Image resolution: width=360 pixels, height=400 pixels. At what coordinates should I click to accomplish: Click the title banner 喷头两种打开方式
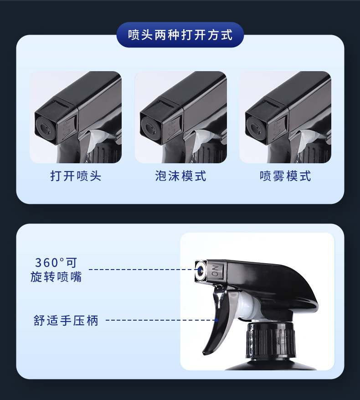[180, 35]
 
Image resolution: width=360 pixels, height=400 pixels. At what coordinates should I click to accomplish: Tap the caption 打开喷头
[76, 176]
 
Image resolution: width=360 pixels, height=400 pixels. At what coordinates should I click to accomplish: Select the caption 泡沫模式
[180, 176]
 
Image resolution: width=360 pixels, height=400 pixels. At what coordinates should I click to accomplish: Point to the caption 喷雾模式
[285, 176]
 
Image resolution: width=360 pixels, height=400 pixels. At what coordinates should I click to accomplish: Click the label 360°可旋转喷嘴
[56, 270]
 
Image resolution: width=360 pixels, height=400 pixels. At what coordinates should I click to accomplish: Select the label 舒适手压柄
[66, 320]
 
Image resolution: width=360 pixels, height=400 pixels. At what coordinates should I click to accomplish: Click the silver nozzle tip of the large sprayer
[201, 270]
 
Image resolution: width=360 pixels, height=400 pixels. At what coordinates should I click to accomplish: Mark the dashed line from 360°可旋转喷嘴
[141, 270]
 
